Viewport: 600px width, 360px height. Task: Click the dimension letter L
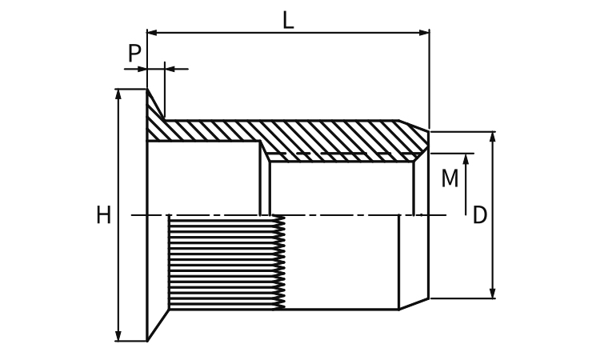288,20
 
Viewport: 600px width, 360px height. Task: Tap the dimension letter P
134,53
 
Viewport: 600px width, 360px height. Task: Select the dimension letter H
103,214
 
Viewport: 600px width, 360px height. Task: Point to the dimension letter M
450,178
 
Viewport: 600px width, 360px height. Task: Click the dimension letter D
480,215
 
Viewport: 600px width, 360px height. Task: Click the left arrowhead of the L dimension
152,33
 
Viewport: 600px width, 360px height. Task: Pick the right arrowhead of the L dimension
424,33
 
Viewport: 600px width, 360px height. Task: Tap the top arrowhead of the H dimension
118,94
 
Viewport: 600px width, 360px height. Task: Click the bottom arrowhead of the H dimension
118,335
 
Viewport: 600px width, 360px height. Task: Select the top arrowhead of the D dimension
493,138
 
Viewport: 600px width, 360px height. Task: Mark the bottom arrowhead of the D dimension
493,293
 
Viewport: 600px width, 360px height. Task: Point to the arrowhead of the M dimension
466,159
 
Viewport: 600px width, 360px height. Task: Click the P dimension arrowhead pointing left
170,70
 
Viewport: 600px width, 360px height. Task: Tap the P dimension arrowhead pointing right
142,70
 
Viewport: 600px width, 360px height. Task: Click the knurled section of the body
226,262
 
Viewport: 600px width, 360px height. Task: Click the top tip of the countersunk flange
147,89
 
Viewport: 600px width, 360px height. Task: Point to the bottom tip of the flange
147,341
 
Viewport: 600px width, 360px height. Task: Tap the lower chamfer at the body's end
414,304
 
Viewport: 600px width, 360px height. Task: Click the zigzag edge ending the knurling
281,262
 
